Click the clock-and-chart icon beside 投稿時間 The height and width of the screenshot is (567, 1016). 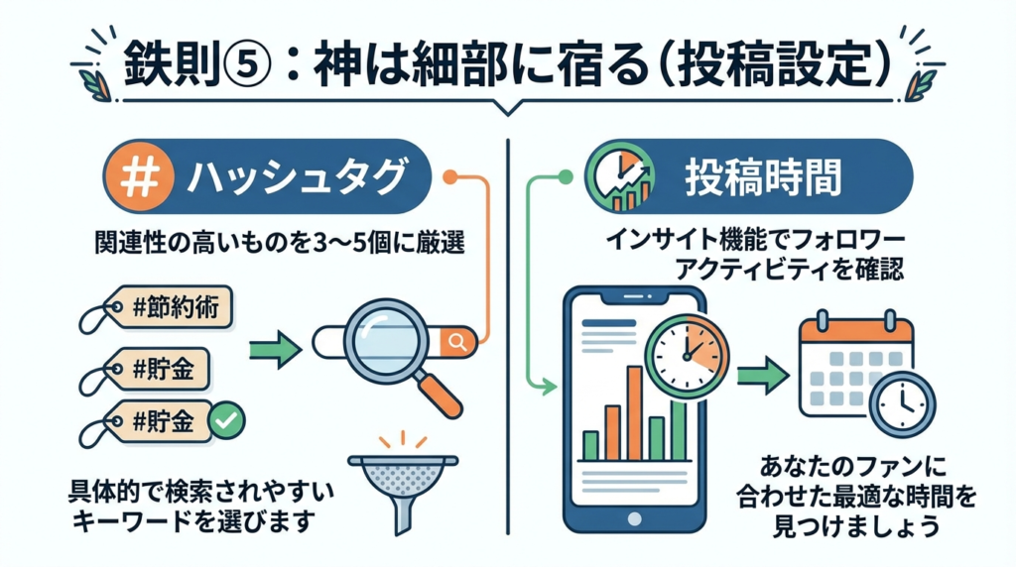tap(619, 178)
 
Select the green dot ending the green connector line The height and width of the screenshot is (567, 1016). tap(567, 178)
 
